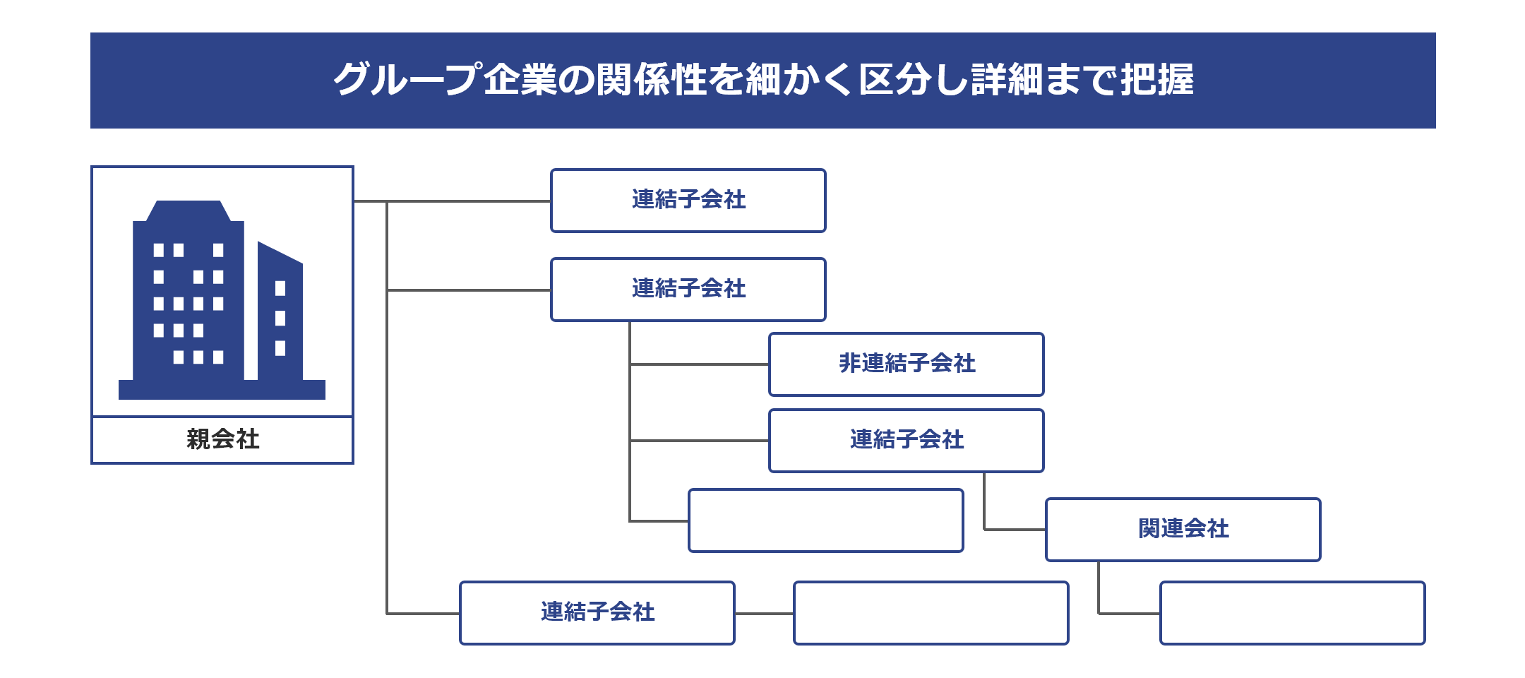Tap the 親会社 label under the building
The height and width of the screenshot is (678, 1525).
222,439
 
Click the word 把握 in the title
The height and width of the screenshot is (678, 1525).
1157,79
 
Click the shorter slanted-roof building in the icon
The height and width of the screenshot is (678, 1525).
280,311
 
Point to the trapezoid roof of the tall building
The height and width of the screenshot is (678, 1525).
189,211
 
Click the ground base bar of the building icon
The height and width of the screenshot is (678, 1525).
222,390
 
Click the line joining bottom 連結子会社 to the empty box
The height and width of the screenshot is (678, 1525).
764,614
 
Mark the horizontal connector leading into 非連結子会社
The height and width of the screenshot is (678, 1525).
699,364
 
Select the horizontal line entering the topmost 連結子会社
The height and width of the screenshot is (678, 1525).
452,201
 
